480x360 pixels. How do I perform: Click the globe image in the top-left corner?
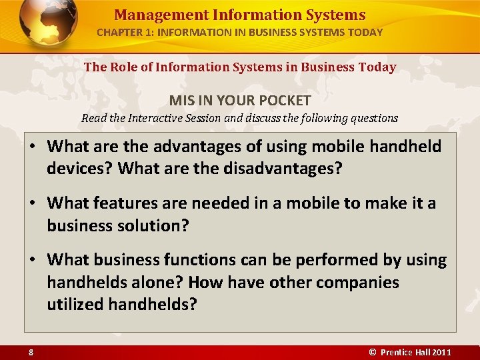[48, 25]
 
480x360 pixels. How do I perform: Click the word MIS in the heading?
[181, 101]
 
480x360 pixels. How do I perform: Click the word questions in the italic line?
[373, 118]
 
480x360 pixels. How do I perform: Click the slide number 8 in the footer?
[31, 352]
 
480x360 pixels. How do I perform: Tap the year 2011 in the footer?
[441, 352]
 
